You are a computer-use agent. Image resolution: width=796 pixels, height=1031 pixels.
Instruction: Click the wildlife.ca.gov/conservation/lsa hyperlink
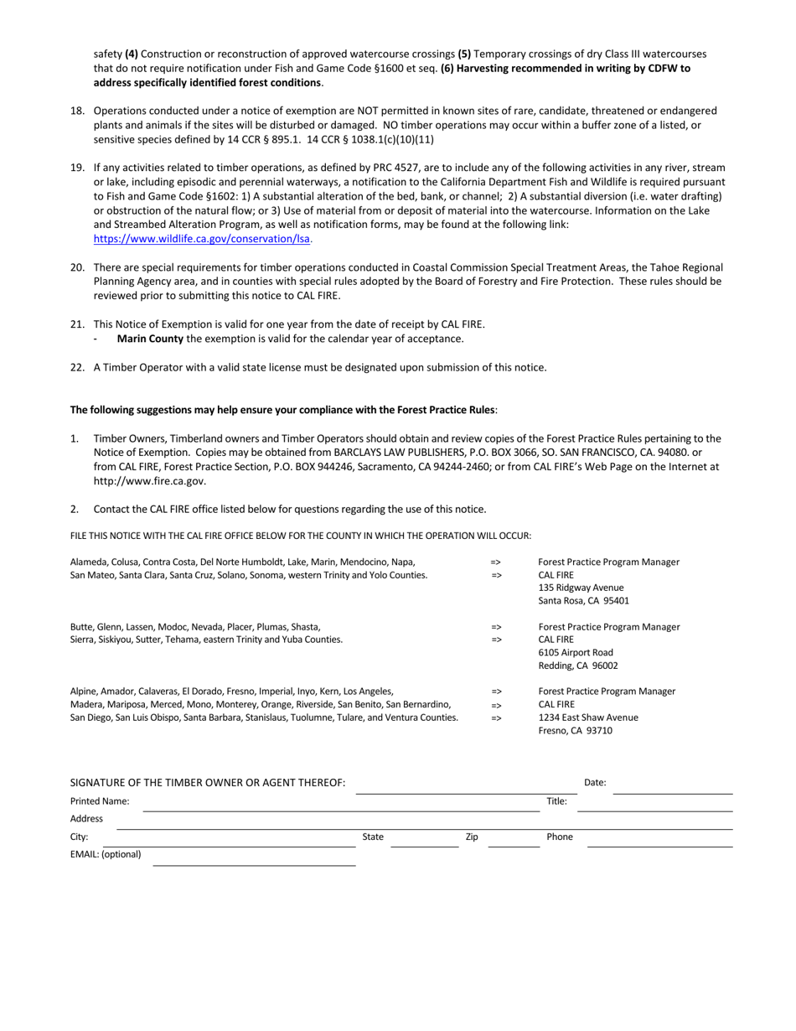tap(201, 239)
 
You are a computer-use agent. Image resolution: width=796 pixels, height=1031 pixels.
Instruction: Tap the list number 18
tap(77, 111)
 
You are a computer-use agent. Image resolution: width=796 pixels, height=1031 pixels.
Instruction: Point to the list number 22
tap(77, 367)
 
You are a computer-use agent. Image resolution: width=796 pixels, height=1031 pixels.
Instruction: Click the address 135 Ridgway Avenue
tap(581, 588)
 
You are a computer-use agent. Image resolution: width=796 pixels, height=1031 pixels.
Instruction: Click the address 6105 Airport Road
tap(576, 652)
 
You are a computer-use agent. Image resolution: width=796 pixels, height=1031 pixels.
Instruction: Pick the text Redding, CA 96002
tap(578, 666)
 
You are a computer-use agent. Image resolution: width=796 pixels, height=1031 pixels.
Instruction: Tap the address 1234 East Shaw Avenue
tap(587, 718)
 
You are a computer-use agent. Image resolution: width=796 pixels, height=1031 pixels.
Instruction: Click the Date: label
tap(595, 783)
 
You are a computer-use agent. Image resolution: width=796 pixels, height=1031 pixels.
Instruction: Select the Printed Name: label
tap(100, 801)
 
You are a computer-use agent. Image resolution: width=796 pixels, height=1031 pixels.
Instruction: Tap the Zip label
tap(472, 837)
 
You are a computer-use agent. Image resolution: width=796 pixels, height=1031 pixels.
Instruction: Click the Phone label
tap(559, 837)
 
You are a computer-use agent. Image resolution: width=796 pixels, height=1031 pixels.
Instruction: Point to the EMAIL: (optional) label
tap(106, 855)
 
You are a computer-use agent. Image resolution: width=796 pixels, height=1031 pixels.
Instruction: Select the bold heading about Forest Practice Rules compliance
tap(284, 410)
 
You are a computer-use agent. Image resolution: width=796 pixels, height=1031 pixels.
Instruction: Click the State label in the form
tap(373, 837)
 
